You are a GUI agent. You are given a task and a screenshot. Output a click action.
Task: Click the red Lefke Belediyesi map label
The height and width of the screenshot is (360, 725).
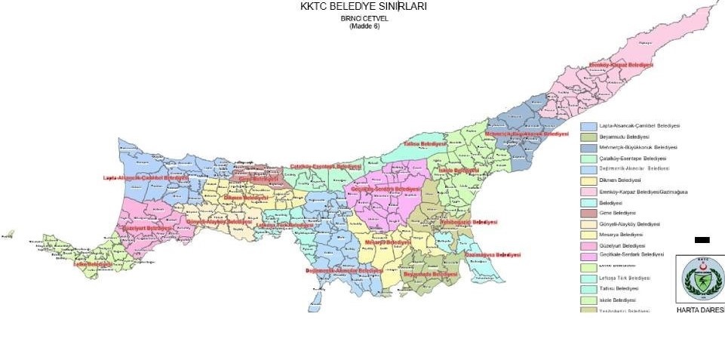[93, 264]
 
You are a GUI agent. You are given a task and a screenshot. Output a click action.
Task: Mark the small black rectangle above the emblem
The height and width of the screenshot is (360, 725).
[702, 240]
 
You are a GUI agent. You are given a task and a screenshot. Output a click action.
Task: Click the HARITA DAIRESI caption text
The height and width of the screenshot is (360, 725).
[700, 310]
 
